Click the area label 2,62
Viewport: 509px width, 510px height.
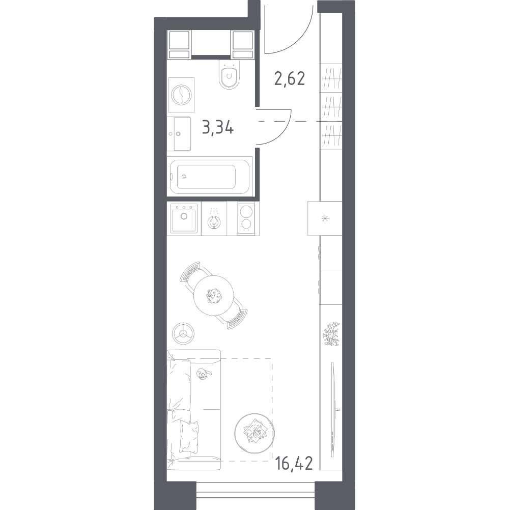(x=290, y=79)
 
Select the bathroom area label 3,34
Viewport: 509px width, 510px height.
(x=217, y=127)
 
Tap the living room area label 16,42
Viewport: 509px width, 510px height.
(x=294, y=463)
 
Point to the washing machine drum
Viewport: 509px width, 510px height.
(x=182, y=95)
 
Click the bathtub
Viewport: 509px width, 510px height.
(x=210, y=177)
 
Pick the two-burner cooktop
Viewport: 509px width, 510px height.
(x=246, y=218)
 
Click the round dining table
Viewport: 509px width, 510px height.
(x=213, y=296)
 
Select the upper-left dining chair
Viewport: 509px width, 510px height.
(x=193, y=273)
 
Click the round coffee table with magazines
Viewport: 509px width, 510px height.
(x=254, y=433)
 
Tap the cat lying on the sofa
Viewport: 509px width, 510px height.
(x=204, y=374)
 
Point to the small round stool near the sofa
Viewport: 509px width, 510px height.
(x=183, y=333)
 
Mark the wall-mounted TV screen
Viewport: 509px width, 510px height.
(x=333, y=410)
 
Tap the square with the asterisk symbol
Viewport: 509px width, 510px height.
(x=325, y=218)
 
